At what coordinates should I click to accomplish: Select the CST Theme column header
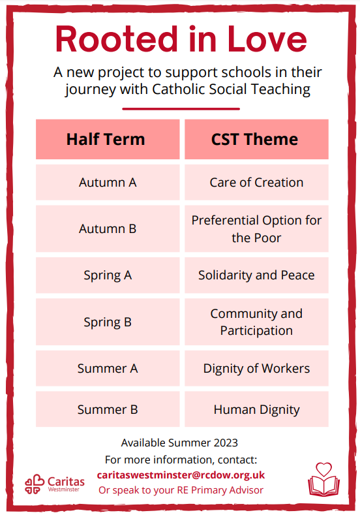click(x=256, y=139)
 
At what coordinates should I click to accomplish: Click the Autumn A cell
click(x=108, y=182)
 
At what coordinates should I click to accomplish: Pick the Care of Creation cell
click(x=256, y=182)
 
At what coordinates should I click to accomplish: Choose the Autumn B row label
click(x=108, y=228)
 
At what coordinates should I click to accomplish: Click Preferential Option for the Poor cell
click(x=256, y=228)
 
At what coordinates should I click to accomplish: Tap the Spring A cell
click(x=108, y=275)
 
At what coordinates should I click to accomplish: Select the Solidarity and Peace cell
click(x=256, y=275)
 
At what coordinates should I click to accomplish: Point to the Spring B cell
click(x=108, y=322)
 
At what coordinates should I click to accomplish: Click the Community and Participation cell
click(x=256, y=322)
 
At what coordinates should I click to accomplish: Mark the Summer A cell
click(x=108, y=368)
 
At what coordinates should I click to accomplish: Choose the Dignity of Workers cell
click(x=256, y=368)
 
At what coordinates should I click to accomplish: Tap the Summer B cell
click(x=108, y=409)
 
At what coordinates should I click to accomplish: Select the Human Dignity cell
click(x=256, y=409)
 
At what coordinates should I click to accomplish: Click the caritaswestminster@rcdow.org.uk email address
click(x=181, y=475)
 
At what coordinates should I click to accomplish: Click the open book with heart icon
click(x=323, y=480)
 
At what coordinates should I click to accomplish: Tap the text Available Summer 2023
click(x=179, y=443)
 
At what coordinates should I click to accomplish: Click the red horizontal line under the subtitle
click(x=181, y=109)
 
